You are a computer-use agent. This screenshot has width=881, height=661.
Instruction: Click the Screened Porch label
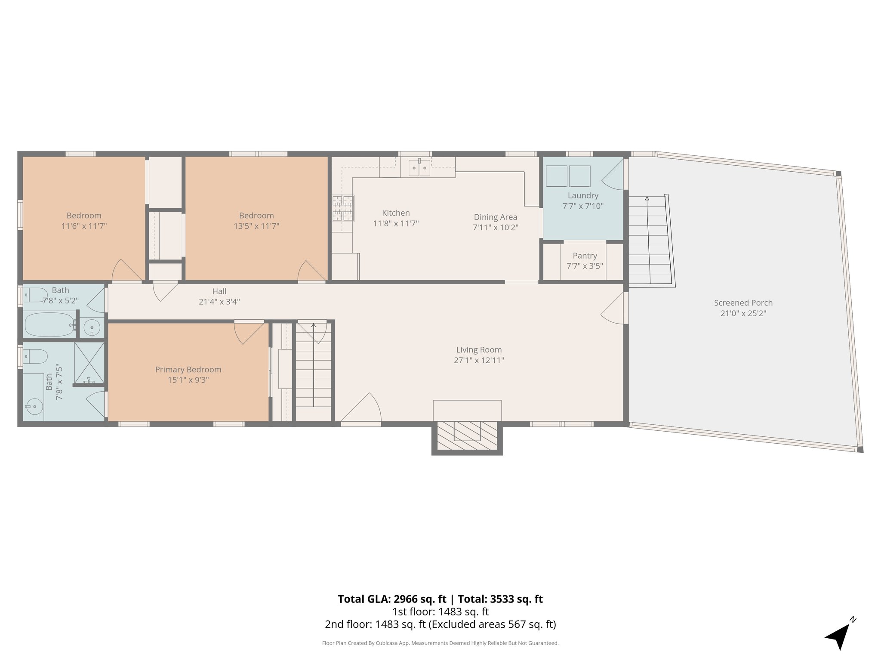743,303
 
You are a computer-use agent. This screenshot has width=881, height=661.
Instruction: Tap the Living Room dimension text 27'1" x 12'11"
479,360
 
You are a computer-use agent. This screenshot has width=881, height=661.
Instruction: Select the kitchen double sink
419,168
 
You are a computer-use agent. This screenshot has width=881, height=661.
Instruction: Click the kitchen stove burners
343,208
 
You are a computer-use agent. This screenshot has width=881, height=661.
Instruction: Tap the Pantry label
585,256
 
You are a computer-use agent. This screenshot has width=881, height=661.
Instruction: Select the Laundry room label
583,195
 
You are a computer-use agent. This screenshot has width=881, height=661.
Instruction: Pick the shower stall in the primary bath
89,362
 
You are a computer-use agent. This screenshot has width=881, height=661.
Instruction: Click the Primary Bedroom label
188,369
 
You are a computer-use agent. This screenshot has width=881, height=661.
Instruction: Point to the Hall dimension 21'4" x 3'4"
219,302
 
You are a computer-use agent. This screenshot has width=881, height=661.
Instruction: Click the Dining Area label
495,217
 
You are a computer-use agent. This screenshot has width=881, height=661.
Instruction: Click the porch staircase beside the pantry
650,241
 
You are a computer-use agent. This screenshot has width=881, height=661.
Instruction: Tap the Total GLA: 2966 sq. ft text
392,599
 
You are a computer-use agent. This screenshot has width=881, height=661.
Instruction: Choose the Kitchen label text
396,213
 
